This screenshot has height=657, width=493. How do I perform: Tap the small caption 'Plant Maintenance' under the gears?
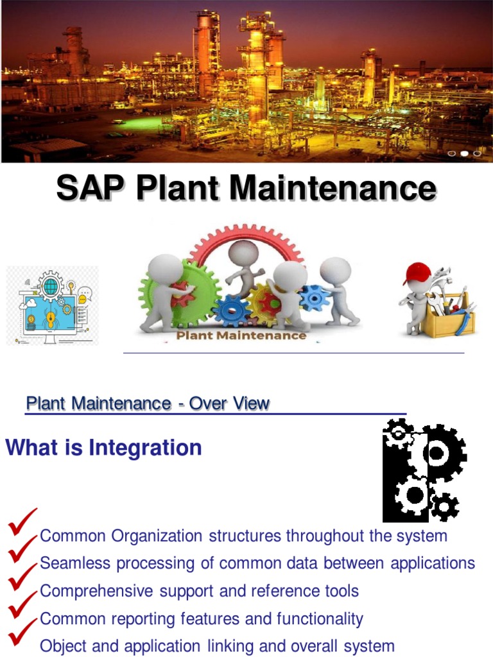(x=241, y=335)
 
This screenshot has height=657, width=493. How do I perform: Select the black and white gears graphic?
(x=424, y=470)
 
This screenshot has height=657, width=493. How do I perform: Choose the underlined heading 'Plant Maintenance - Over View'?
(x=148, y=404)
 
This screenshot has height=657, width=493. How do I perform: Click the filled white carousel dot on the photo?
(x=464, y=153)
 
